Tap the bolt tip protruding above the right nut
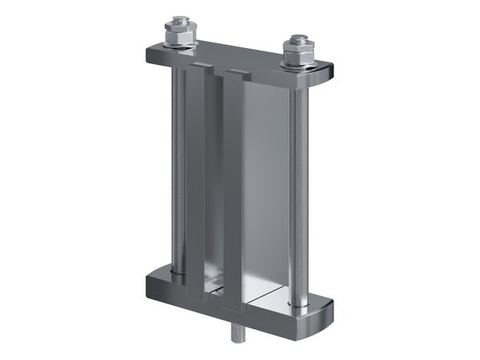pyautogui.click(x=298, y=38)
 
